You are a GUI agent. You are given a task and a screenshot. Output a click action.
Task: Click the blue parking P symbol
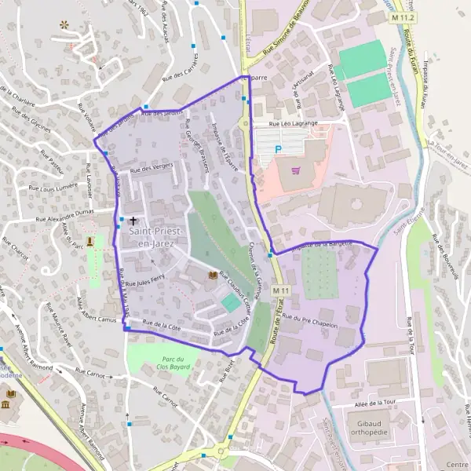277,148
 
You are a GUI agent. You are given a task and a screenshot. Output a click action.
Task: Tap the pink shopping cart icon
295,170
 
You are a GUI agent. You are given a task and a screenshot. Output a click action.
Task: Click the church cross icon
133,221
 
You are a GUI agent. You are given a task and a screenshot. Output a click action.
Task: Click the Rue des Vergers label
150,168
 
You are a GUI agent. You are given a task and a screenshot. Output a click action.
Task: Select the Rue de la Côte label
161,323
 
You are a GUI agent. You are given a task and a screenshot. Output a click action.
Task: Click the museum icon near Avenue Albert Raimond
6,403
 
